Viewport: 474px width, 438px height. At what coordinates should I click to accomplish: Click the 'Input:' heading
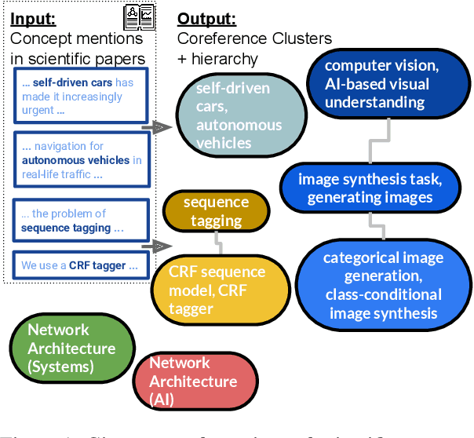point(34,18)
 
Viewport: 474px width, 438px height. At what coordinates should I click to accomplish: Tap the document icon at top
point(140,16)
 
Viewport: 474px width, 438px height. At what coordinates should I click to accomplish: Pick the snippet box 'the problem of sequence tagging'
point(81,221)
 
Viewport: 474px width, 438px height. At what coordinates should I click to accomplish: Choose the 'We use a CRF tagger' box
point(81,265)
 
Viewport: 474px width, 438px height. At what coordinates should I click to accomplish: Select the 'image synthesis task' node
point(369,188)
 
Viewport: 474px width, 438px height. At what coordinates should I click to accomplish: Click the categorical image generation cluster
point(383,286)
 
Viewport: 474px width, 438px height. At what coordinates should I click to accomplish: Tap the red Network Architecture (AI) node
point(193,381)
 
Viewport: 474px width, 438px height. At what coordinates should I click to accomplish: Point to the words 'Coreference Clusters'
point(254,38)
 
